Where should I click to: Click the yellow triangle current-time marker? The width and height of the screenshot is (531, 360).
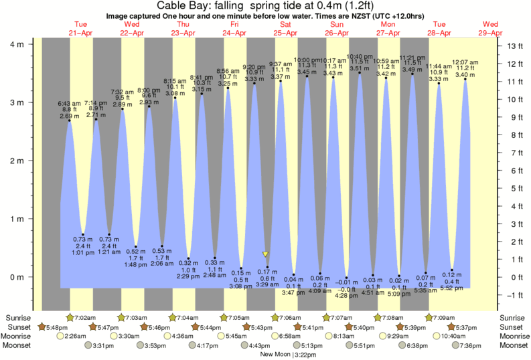[266, 254]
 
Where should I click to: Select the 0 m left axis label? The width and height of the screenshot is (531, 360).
[17, 277]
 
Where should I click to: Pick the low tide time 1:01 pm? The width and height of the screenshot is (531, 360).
[82, 253]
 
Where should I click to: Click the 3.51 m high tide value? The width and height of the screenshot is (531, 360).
[360, 68]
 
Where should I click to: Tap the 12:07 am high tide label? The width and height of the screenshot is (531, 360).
[465, 62]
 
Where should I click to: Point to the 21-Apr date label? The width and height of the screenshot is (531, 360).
[81, 32]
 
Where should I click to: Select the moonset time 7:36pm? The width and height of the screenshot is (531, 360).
[473, 345]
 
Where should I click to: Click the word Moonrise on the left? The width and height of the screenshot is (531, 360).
[19, 336]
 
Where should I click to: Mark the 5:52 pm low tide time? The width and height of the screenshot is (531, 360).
[452, 288]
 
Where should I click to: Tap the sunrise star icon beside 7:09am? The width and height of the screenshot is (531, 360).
[429, 317]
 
